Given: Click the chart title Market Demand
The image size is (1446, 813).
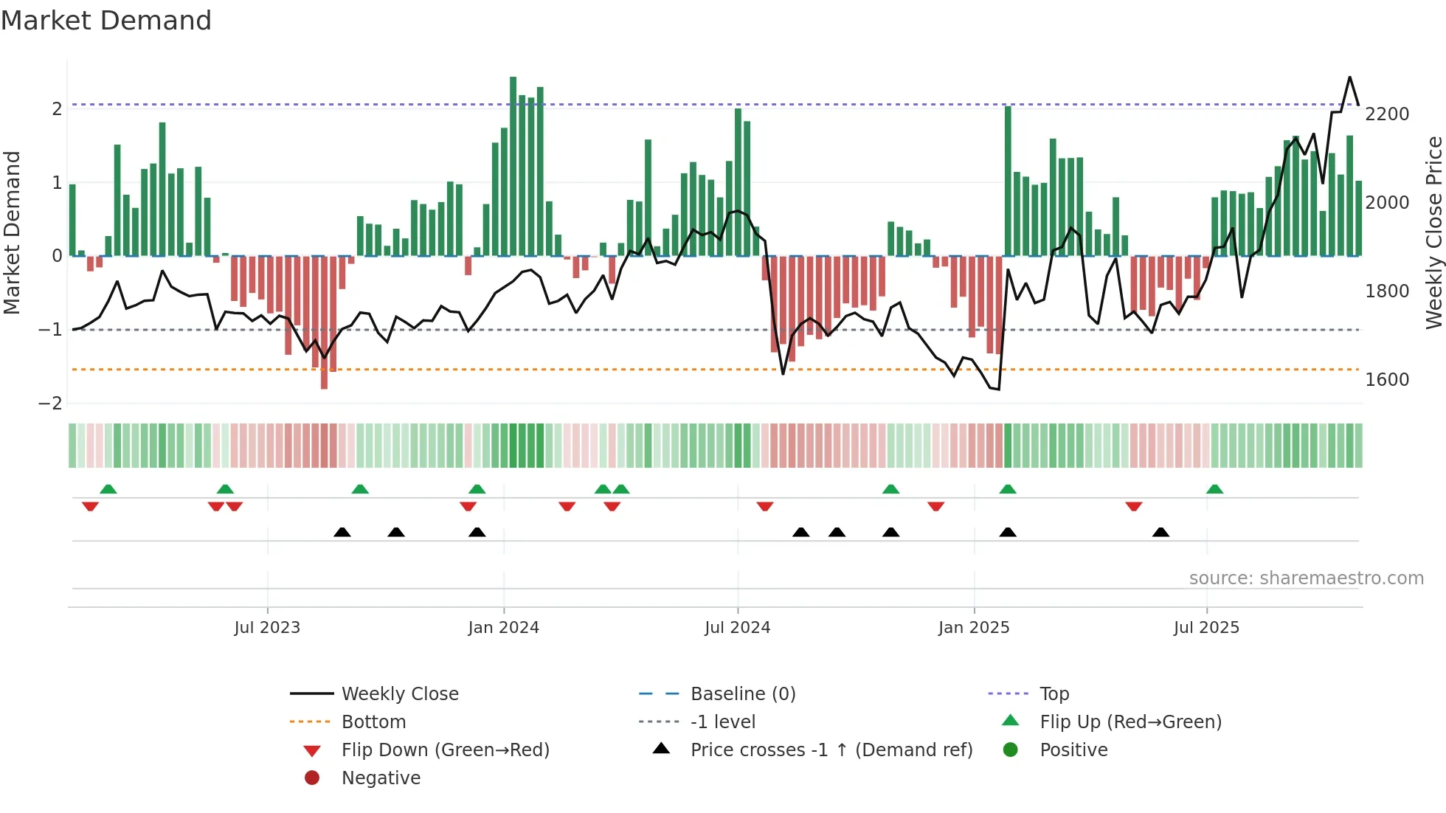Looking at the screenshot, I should (x=106, y=21).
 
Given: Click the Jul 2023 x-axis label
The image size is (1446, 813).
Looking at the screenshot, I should (x=267, y=628).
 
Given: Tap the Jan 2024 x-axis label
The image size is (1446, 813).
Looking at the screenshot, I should (x=503, y=628).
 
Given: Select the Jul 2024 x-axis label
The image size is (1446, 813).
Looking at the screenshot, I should (x=737, y=628).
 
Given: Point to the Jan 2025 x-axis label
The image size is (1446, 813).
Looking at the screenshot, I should (x=973, y=628).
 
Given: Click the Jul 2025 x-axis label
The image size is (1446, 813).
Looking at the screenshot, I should (x=1206, y=628).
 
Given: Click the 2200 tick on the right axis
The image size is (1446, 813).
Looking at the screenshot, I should (x=1387, y=114).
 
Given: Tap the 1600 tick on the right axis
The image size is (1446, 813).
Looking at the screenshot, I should (x=1387, y=380).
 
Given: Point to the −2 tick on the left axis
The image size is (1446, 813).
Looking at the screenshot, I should (x=51, y=404).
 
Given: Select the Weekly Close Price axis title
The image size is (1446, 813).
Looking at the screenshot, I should (x=1433, y=232).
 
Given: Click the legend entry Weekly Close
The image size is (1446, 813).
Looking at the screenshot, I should (x=399, y=694).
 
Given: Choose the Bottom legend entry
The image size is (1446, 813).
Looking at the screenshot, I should (x=373, y=722).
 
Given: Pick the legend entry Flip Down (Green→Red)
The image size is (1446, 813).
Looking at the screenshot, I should (x=445, y=750).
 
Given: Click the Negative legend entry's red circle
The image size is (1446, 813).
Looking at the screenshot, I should (x=312, y=778).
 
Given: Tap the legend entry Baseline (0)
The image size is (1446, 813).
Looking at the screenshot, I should (x=742, y=694).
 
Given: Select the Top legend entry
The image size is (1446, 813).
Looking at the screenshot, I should (x=1054, y=694).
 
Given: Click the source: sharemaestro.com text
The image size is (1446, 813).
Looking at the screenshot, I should (x=1306, y=578).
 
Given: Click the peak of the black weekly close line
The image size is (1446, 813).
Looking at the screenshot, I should (x=1349, y=77).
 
